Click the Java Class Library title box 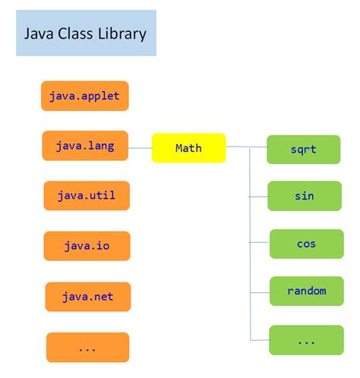pyautogui.click(x=86, y=33)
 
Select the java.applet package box pyautogui.click(x=85, y=96)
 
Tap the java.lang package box pyautogui.click(x=85, y=146)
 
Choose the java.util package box pyautogui.click(x=86, y=196)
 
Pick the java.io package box pyautogui.click(x=87, y=246)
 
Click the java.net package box pyautogui.click(x=87, y=297)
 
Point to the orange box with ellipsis pyautogui.click(x=87, y=347)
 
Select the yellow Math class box pyautogui.click(x=188, y=148)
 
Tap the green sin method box pyautogui.click(x=305, y=196)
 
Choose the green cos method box pyautogui.click(x=306, y=244)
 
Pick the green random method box pyautogui.click(x=307, y=291)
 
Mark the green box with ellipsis pyautogui.click(x=306, y=340)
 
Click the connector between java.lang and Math pyautogui.click(x=140, y=146)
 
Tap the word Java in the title pyautogui.click(x=37, y=34)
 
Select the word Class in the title pyautogui.click(x=75, y=34)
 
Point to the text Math pyautogui.click(x=188, y=148)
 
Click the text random pyautogui.click(x=307, y=291)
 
